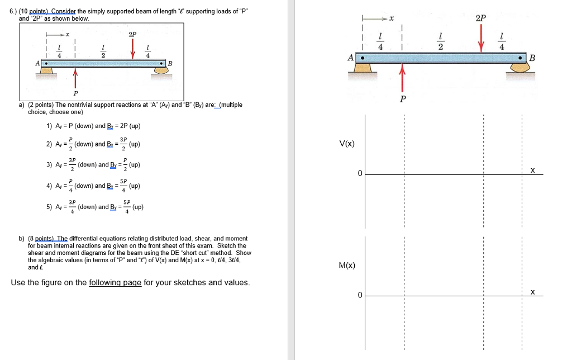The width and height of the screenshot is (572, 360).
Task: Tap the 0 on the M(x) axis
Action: (360, 295)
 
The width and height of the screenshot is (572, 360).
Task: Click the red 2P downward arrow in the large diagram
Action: (480, 38)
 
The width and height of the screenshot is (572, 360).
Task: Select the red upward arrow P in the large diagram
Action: (402, 77)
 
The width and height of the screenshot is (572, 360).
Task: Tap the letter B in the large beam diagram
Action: (532, 58)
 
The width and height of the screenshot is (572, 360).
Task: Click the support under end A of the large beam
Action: (363, 69)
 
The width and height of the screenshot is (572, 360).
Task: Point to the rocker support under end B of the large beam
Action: (521, 68)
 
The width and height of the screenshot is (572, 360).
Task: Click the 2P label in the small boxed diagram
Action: (132, 34)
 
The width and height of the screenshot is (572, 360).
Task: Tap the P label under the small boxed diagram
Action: (75, 93)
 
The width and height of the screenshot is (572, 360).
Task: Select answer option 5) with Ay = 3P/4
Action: (95, 206)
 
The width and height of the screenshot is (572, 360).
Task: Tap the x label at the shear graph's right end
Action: (532, 170)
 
